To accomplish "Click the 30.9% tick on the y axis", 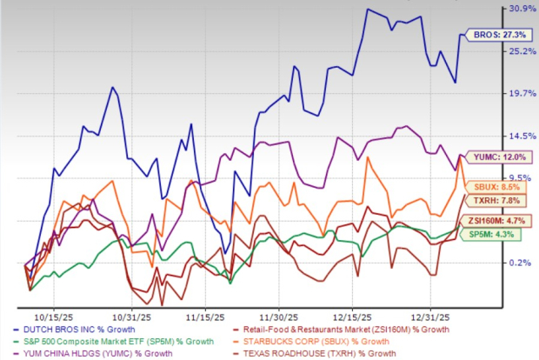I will [521, 10].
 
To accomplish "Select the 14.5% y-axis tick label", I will [521, 137].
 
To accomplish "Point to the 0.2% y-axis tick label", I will [521, 263].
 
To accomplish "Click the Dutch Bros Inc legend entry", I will [83, 330].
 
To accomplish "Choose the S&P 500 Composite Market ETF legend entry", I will [113, 342].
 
